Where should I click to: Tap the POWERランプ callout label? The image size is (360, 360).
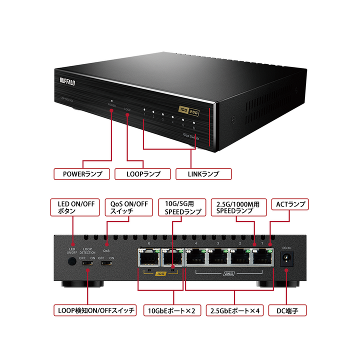click(x=81, y=174)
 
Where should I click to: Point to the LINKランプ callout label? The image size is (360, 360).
click(x=203, y=174)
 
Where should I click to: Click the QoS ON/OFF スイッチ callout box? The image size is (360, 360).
click(x=129, y=207)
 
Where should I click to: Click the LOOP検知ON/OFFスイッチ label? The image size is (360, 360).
click(x=94, y=310)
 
